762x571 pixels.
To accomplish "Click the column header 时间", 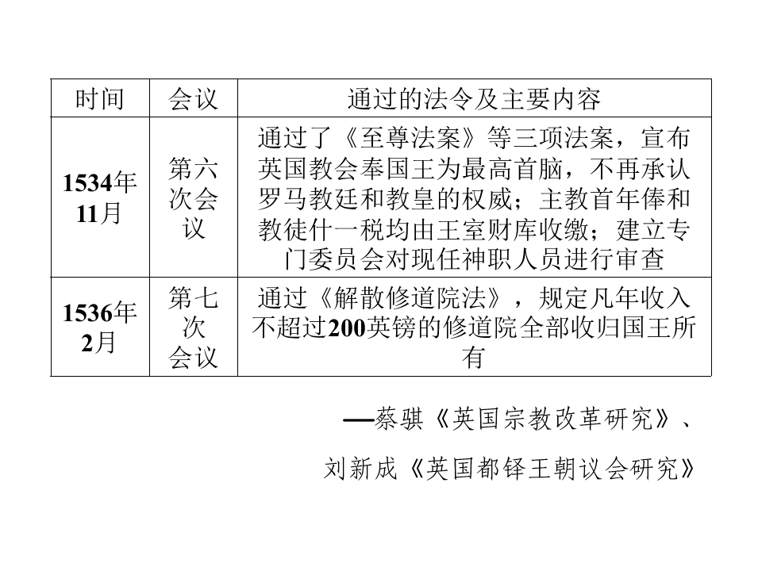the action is point(100,99).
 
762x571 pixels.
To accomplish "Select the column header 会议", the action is point(193,99).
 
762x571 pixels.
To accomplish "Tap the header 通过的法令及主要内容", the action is point(474,99).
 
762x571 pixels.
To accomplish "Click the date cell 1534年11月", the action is point(100,197).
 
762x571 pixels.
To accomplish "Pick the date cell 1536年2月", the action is point(100,328).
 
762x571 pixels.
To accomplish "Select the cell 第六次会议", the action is point(193,197).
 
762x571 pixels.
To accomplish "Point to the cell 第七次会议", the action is point(193,328).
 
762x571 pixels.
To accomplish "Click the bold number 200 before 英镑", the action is point(347,328).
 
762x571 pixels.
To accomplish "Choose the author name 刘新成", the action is point(361,469).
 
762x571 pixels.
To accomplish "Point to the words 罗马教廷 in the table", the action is point(309,198).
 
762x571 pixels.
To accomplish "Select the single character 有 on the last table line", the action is point(474,358).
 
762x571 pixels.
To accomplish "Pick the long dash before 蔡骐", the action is point(358,420).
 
